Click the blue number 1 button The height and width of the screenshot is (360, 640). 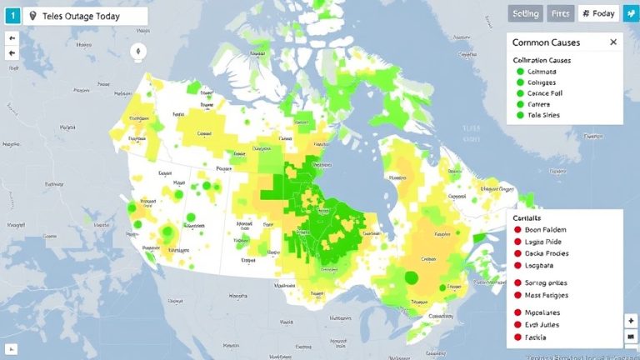coord(13,16)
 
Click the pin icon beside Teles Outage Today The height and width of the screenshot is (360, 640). coord(32,17)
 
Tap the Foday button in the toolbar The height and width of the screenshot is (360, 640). coord(598,13)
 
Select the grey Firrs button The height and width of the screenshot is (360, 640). coord(562,13)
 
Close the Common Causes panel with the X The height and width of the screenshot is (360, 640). coord(613,42)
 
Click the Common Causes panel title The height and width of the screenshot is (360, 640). coord(546,42)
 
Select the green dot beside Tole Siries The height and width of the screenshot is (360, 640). coord(520,115)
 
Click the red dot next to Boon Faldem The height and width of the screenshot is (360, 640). coord(517,230)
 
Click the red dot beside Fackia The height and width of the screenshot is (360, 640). coord(517,339)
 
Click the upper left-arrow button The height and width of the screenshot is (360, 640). coord(12,37)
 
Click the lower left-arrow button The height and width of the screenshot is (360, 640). coord(12,52)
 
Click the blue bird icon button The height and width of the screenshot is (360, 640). coord(631,13)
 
